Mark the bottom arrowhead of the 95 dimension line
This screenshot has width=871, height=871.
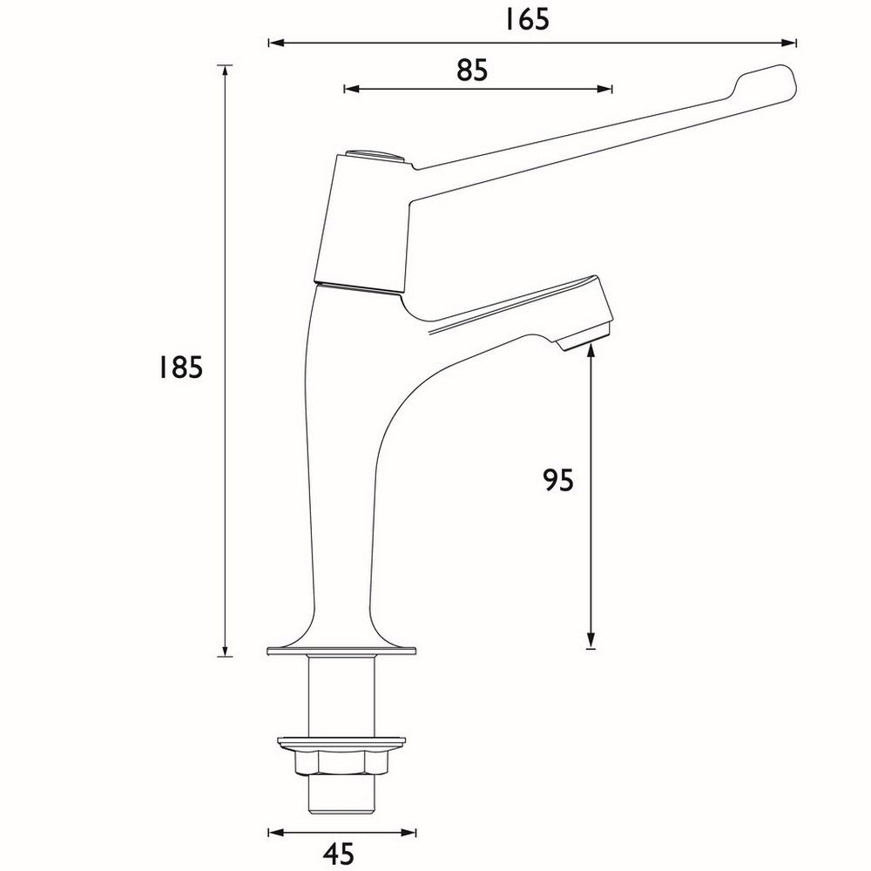(x=591, y=642)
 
